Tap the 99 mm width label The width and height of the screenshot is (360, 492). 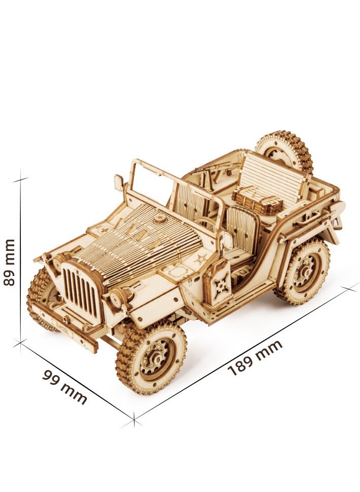64,386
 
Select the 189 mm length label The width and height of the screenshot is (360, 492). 255,358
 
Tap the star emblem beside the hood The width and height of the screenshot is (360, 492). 201,259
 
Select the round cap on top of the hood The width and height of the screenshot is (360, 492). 160,219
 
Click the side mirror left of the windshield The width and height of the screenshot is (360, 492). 118,182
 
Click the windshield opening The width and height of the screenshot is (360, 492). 152,186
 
